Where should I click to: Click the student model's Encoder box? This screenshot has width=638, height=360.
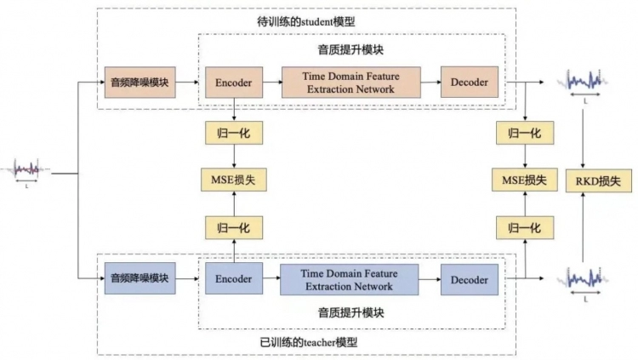(232, 83)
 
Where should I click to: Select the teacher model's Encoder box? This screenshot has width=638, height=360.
(232, 278)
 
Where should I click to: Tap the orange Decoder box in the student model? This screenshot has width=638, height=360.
(469, 83)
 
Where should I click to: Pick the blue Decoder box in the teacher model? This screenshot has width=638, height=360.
(469, 279)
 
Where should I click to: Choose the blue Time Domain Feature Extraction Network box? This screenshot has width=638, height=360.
(350, 279)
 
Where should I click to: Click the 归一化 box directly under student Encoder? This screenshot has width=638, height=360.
(232, 133)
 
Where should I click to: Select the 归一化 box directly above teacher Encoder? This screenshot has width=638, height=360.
(232, 227)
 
